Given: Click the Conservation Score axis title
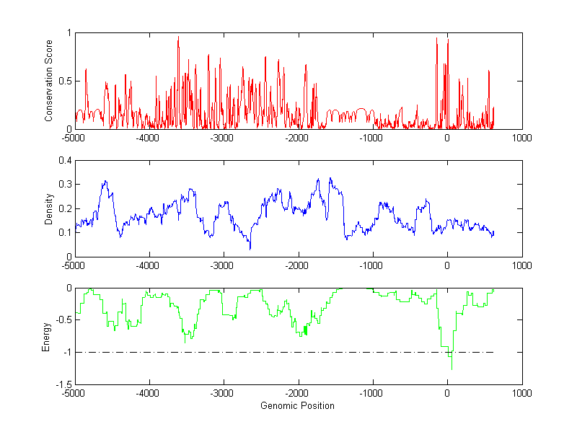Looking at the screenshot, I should click(49, 81).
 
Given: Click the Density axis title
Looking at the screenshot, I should click(49, 208).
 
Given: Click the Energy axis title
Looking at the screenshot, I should click(46, 336).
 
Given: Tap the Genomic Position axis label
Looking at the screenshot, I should click(297, 406).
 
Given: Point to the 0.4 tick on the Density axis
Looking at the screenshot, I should click(63, 161).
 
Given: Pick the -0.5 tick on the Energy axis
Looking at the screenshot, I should click(62, 320).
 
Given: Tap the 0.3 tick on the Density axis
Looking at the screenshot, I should click(63, 185).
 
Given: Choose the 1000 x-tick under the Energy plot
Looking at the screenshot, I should click(521, 394).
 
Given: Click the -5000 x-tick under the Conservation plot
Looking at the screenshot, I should click(74, 138).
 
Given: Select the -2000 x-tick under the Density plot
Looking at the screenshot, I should click(297, 265).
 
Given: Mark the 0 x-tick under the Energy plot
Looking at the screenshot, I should click(447, 394).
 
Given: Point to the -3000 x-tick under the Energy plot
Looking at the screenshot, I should click(222, 394).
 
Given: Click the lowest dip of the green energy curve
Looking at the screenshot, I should click(452, 369).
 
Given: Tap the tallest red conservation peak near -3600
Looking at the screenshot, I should click(178, 37).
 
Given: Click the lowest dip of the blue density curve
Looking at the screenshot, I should click(250, 249).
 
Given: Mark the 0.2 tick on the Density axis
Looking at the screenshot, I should click(63, 208).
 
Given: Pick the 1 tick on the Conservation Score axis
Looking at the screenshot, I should click(69, 33).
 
